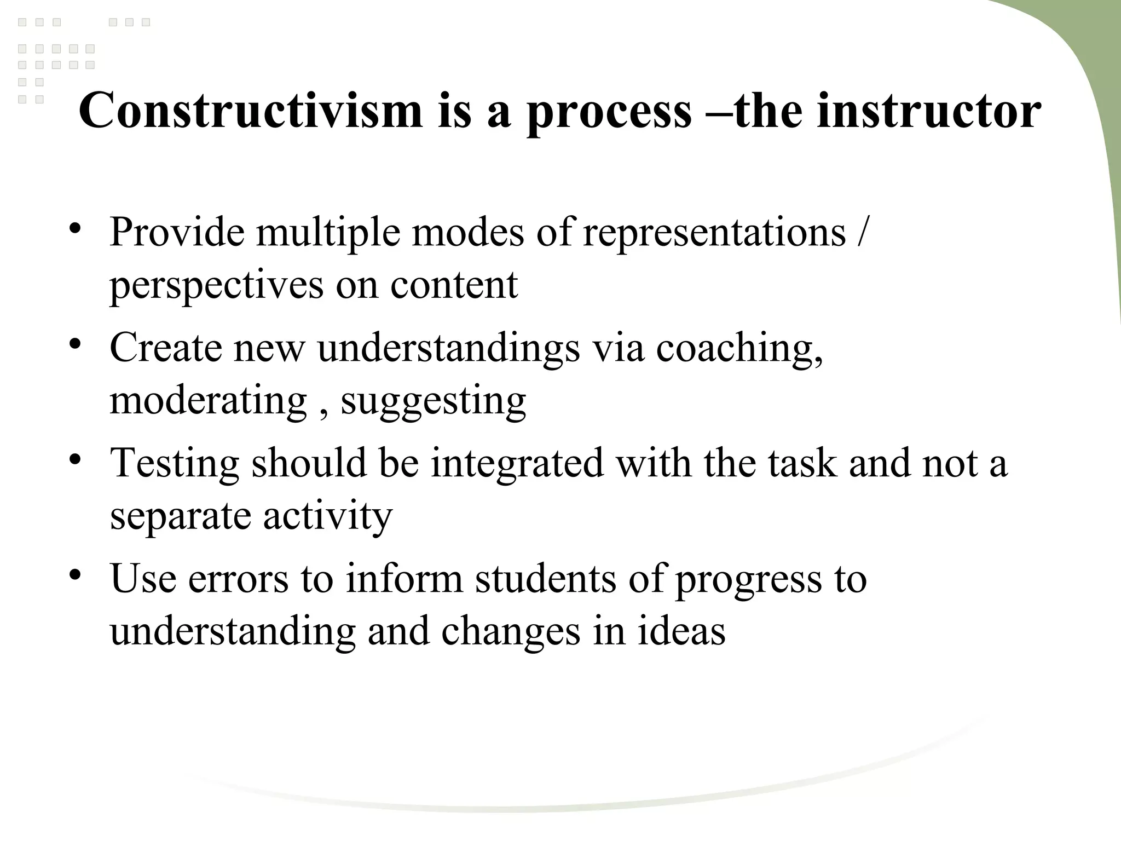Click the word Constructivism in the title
[251, 111]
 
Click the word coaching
[739, 348]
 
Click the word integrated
[517, 464]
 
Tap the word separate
[180, 517]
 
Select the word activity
[327, 517]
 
